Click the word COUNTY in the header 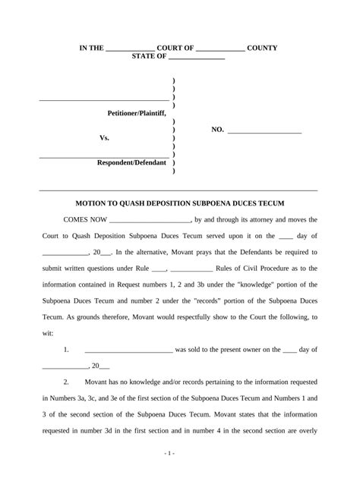click(262, 48)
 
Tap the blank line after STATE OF click(196, 58)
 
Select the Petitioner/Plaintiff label click(136, 112)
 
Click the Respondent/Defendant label click(131, 163)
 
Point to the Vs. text click(105, 138)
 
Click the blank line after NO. click(264, 131)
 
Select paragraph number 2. click(67, 382)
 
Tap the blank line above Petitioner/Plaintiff click(103, 99)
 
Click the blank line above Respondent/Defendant click(103, 157)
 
